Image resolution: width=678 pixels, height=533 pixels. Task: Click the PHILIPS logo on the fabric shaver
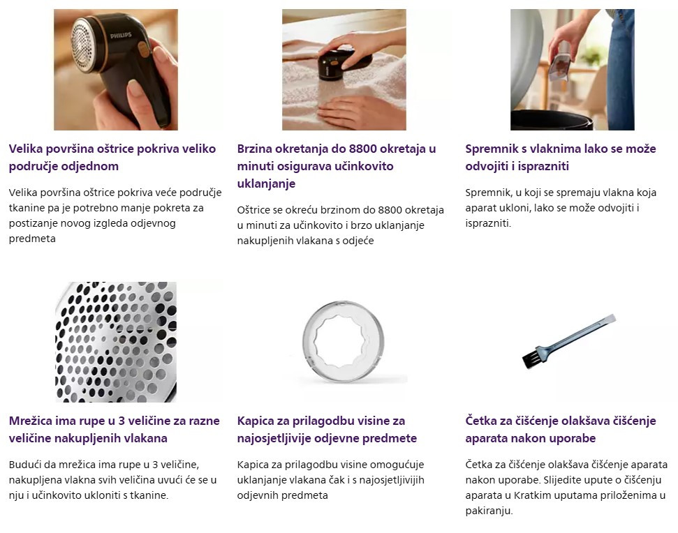tap(121, 36)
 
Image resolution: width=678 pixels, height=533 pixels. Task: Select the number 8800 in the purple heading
tap(363, 149)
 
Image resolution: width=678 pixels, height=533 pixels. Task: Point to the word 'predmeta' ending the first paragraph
tap(32, 239)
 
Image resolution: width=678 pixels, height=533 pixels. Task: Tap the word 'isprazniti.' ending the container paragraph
tap(488, 223)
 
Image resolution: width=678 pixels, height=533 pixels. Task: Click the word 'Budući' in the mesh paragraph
tap(25, 465)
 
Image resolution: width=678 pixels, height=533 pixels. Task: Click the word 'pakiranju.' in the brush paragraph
tap(489, 511)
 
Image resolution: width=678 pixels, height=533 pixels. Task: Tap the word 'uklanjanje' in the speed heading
tap(266, 183)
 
